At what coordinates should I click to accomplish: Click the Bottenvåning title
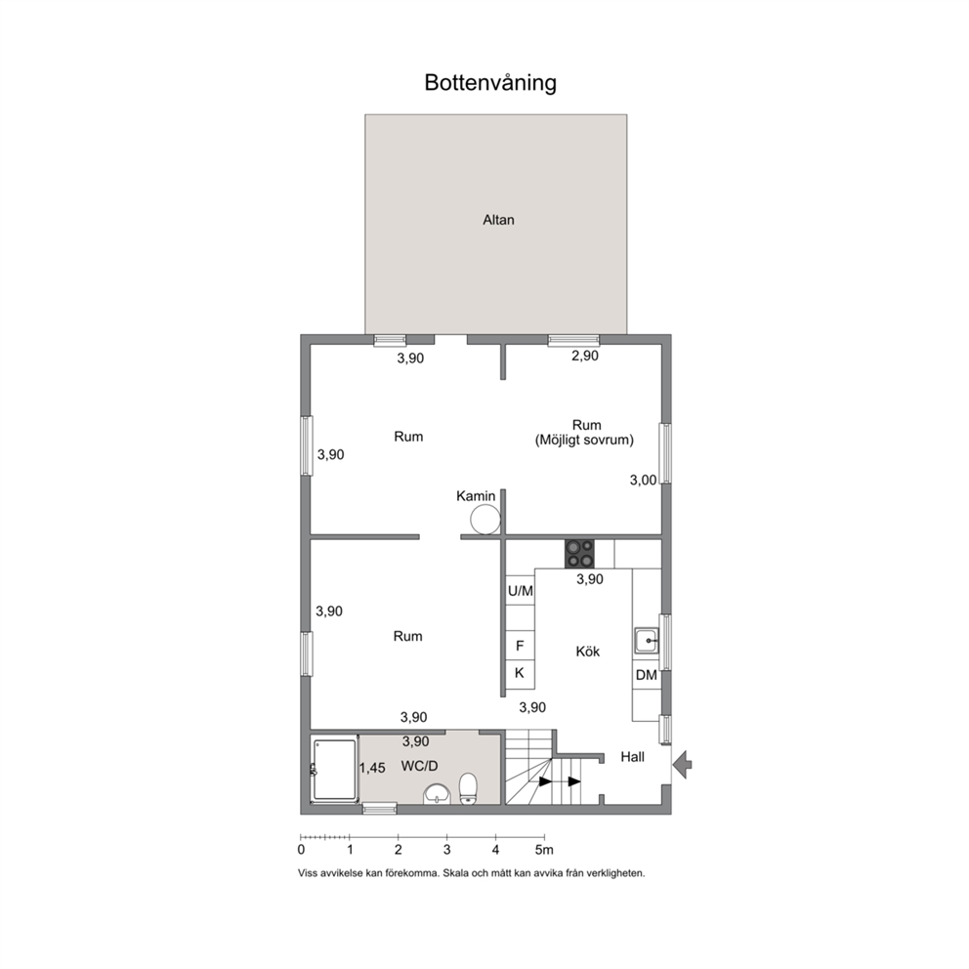point(490,83)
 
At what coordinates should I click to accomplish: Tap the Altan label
point(498,220)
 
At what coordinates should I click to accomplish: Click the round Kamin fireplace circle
point(485,519)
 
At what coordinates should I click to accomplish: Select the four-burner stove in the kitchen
point(579,554)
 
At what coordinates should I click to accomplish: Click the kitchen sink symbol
point(647,641)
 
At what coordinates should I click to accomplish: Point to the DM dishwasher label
point(646,675)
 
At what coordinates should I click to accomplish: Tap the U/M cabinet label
point(521,591)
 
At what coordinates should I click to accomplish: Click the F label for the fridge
point(520,646)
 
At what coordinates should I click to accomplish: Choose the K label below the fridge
point(519,673)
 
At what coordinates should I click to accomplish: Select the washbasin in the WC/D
point(438,794)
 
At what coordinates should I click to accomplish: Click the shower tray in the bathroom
point(335,770)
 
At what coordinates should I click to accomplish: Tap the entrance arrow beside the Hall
point(682,765)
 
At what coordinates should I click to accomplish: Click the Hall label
point(632,757)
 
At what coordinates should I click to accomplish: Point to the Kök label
point(587,652)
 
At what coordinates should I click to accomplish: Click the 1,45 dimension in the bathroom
point(372,768)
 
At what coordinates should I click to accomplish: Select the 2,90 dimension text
point(584,356)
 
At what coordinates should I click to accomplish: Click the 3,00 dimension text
point(644,481)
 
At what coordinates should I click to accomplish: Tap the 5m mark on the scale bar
point(544,850)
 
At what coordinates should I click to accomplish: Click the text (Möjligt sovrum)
point(584,440)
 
